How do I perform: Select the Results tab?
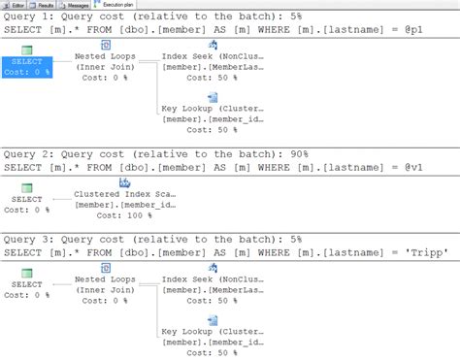[x=65, y=5]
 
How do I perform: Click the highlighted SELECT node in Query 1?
[x=26, y=65]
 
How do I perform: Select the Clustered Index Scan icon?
[x=124, y=183]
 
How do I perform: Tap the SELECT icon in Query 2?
[x=27, y=188]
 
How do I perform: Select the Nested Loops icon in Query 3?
[x=104, y=269]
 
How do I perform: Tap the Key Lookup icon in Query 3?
[x=213, y=320]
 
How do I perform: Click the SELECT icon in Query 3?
[x=27, y=273]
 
